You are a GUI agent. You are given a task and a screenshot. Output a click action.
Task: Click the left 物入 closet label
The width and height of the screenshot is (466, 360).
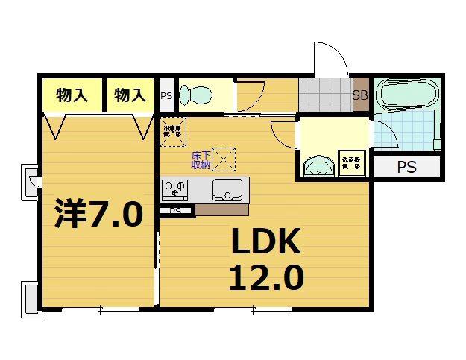tap(72, 95)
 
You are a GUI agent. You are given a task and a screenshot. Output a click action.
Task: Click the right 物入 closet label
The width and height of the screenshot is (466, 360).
tap(130, 95)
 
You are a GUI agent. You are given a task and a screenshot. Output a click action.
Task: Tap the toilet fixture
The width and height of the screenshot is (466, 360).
tap(197, 95)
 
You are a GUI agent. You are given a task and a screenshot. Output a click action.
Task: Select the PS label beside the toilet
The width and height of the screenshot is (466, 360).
tap(166, 95)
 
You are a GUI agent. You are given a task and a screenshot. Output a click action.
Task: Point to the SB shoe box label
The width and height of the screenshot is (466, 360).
tap(360, 95)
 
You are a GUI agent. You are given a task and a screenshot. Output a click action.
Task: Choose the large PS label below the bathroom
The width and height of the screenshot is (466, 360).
tap(406, 167)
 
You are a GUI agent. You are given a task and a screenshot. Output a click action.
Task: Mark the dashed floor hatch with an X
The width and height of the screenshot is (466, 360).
tap(224, 158)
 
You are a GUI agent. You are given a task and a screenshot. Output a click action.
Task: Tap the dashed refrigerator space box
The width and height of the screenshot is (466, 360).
tap(173, 131)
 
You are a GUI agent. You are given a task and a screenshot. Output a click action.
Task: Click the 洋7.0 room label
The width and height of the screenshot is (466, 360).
tap(98, 215)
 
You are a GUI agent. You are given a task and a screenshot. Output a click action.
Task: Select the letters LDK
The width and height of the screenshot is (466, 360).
tap(265, 243)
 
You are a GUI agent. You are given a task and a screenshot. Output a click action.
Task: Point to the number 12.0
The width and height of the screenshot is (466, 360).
tap(265, 278)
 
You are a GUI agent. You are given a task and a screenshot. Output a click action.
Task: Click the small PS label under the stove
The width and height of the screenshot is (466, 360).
tap(175, 211)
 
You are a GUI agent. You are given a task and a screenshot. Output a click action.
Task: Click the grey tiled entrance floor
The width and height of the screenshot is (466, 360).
tap(325, 95)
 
